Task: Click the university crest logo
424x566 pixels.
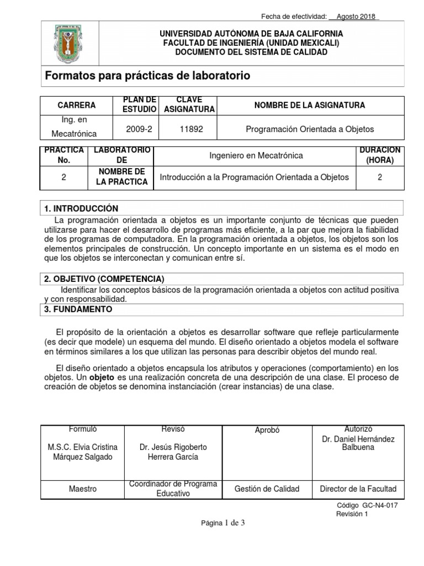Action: point(67,43)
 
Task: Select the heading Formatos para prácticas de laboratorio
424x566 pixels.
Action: point(147,76)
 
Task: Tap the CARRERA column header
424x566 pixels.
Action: point(76,105)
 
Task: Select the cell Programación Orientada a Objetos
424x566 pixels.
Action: point(310,129)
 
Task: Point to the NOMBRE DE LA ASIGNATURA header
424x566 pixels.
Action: point(309,105)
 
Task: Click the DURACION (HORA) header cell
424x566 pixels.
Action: point(380,155)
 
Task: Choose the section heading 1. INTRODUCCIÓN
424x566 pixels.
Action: point(82,208)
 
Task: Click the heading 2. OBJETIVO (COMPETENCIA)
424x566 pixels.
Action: point(104,279)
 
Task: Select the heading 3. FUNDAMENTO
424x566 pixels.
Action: point(78,310)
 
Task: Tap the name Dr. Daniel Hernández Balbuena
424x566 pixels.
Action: point(358,443)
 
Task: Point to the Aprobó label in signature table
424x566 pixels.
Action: point(267,430)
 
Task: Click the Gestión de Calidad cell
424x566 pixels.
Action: point(267,489)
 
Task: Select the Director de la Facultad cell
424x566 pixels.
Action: point(358,489)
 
